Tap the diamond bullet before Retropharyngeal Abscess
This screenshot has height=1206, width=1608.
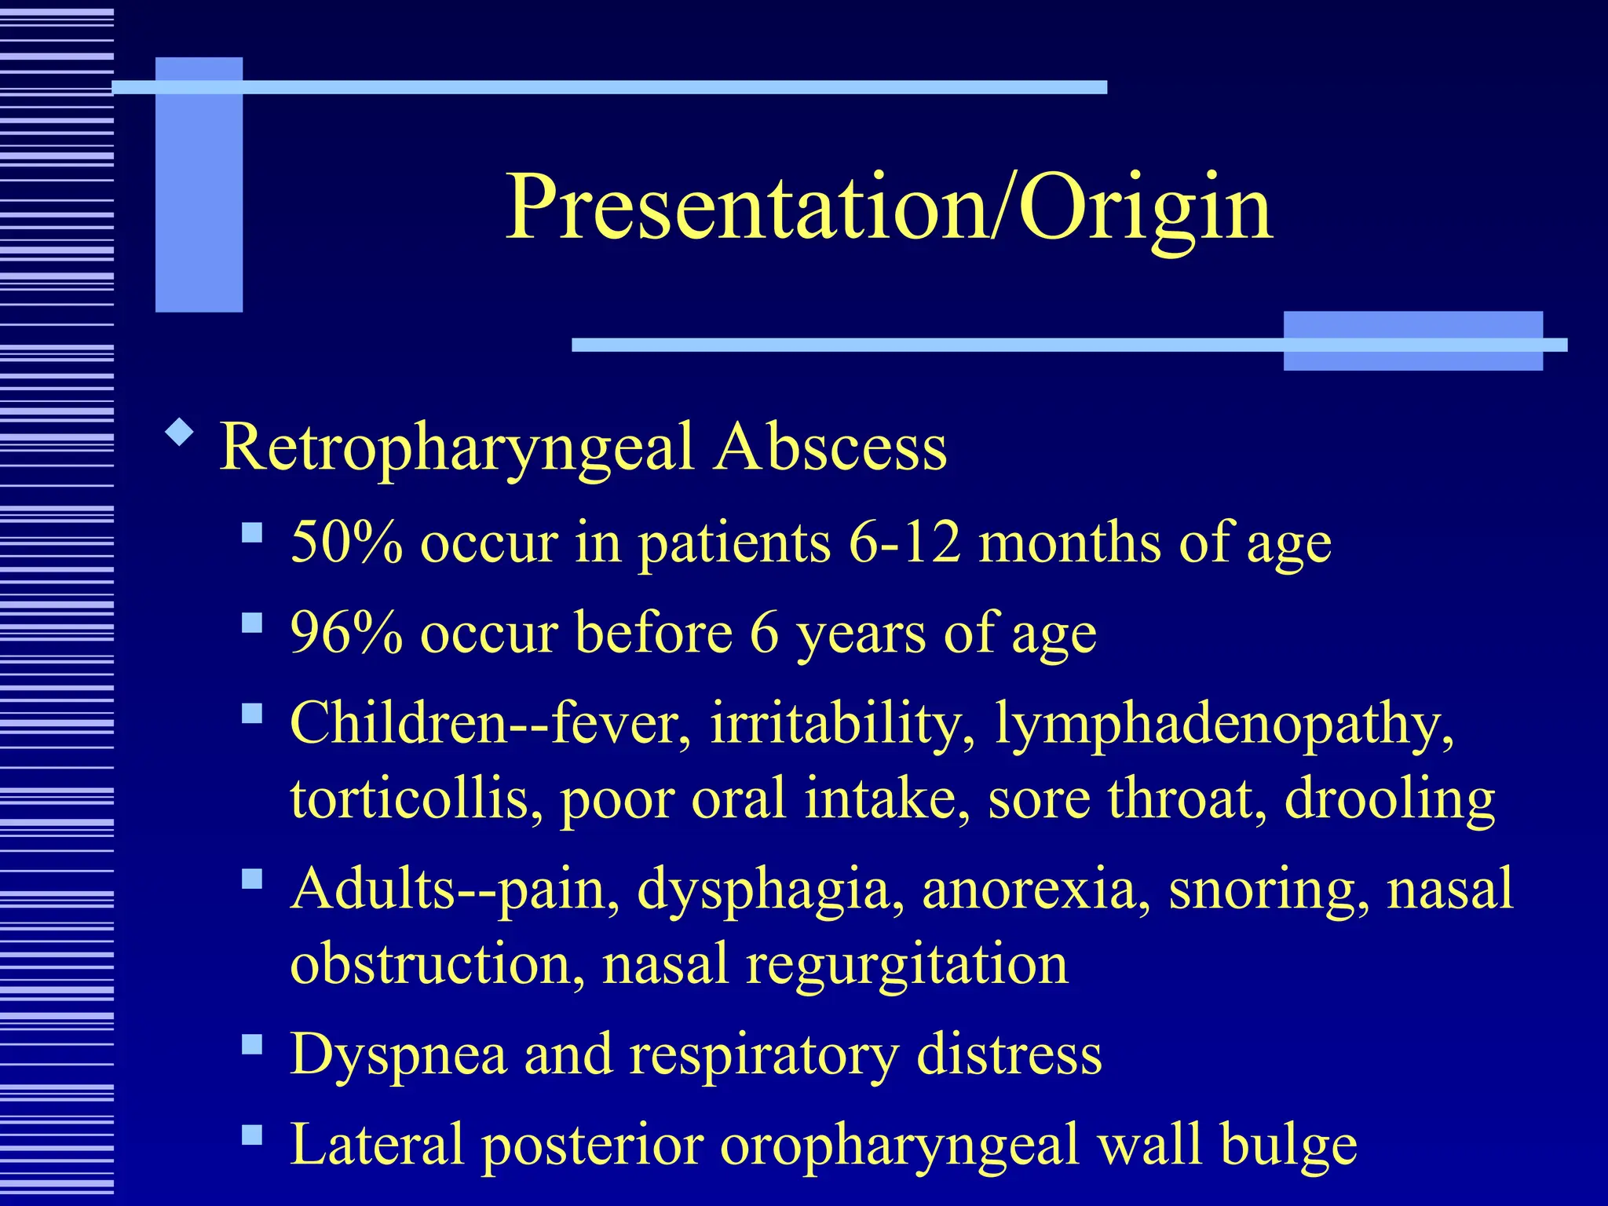pyautogui.click(x=180, y=433)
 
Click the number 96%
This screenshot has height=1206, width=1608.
pyautogui.click(x=346, y=632)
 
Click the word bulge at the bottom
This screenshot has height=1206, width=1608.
pyautogui.click(x=1288, y=1146)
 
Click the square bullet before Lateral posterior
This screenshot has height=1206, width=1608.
pyautogui.click(x=252, y=1135)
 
